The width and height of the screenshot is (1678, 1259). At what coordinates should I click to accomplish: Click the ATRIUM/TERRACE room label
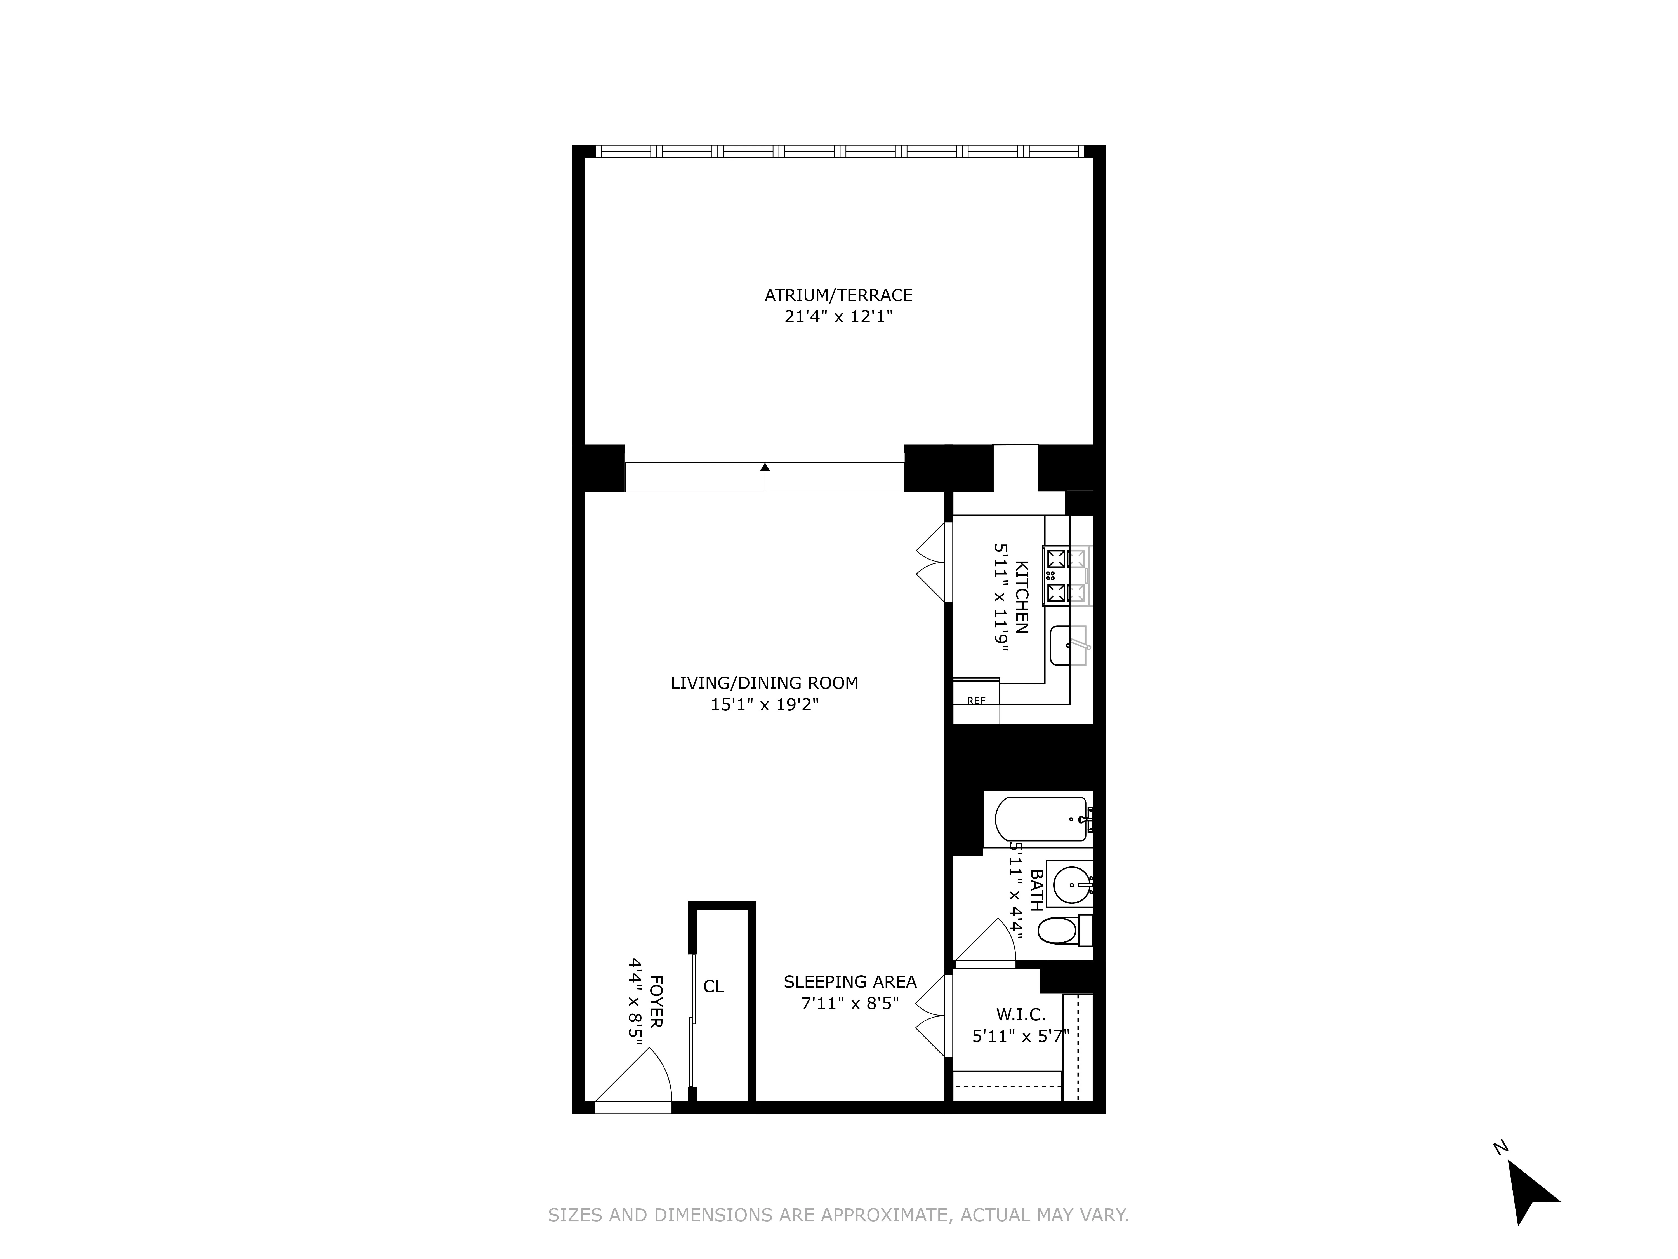coord(838,295)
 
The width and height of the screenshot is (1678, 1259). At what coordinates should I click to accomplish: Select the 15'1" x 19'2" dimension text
coord(764,705)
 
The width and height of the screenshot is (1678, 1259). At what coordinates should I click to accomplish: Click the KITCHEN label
coord(1022,598)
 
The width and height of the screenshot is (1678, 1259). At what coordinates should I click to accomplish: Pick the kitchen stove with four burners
coord(1066,577)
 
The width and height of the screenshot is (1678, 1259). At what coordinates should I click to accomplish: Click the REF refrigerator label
coord(976,701)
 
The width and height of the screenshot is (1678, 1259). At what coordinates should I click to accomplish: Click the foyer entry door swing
coord(637,1078)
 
